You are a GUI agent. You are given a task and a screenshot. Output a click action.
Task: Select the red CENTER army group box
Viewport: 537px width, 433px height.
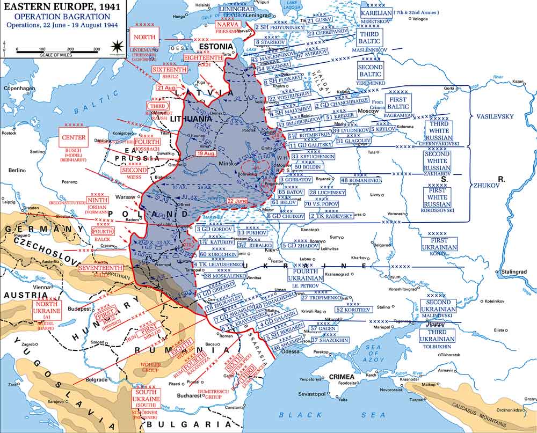[74, 137]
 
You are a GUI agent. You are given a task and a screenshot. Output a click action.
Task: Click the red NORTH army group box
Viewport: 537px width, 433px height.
[144, 37]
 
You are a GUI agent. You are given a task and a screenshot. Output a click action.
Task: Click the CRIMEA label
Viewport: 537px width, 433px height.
[342, 376]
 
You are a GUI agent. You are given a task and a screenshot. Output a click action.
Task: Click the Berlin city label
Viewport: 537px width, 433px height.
[17, 170]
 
